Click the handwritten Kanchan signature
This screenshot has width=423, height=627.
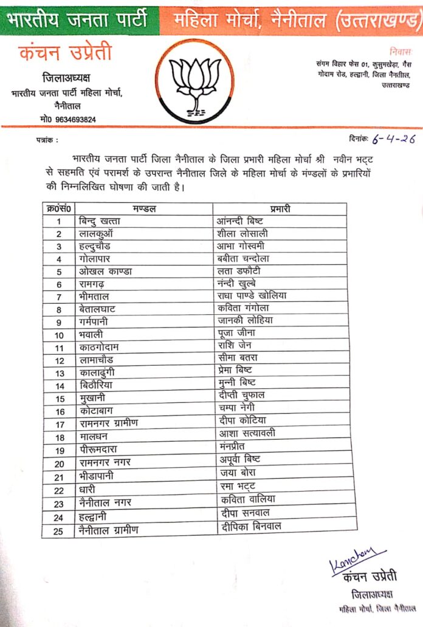[357, 559]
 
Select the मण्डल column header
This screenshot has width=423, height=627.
[144, 209]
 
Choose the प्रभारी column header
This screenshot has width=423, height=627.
[279, 209]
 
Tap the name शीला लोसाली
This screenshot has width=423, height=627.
[242, 233]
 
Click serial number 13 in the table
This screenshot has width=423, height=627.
[60, 372]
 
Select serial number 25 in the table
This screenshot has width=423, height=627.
[60, 530]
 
